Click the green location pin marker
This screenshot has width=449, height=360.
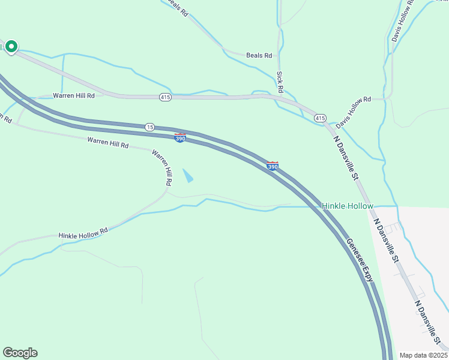coord(11,47)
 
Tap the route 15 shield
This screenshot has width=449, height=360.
coord(149,127)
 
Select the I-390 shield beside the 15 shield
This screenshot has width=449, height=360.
coord(180,137)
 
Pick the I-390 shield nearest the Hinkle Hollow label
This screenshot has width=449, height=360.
coord(272,165)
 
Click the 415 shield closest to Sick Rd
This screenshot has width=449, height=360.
coord(320,118)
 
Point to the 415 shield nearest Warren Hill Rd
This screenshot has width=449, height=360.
coord(165,97)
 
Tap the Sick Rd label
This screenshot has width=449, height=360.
coord(280,82)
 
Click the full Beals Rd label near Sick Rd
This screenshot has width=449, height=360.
coord(259,55)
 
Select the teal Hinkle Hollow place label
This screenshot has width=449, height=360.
coord(348,206)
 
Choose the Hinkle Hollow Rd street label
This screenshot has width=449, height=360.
coord(83,233)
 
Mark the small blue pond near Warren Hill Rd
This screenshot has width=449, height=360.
coord(188,176)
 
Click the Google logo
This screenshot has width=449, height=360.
coord(20,353)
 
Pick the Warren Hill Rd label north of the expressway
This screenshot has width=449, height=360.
coord(74,95)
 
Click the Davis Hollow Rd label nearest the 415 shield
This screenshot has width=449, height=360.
coord(354,112)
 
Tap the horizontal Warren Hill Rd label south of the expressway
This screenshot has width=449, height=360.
coord(108,143)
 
